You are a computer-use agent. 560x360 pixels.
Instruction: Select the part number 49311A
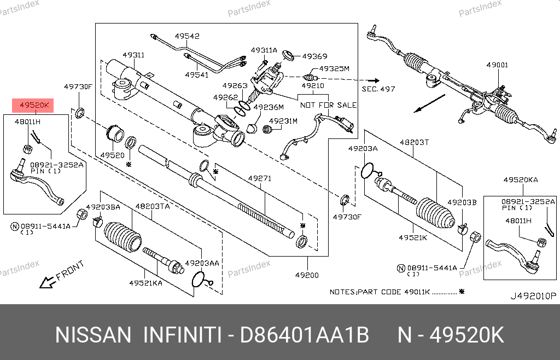[264, 50]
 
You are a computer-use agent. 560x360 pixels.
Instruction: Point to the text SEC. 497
[378, 89]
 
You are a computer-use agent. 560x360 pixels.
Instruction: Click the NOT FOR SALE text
[328, 105]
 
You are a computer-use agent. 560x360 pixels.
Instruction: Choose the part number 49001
[497, 65]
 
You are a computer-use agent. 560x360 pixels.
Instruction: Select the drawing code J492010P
[533, 296]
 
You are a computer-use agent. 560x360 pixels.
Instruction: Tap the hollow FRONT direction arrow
[47, 282]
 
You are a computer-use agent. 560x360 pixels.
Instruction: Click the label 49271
[259, 178]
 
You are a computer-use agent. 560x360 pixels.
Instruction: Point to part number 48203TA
[152, 206]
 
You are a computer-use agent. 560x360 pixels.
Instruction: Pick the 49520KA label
[520, 179]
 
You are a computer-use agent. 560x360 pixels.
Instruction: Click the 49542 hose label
[187, 36]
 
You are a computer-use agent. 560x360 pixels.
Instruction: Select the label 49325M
[334, 69]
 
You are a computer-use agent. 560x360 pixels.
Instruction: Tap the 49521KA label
[145, 283]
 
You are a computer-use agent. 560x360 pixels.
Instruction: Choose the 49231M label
[285, 121]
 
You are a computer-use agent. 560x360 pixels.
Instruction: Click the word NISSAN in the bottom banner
[94, 334]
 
